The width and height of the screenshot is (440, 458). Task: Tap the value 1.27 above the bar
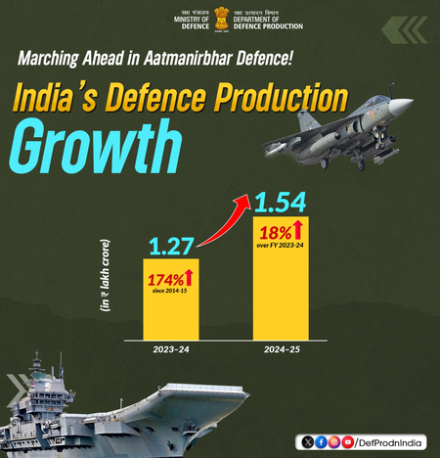171,241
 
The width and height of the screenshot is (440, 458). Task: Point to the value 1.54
282,203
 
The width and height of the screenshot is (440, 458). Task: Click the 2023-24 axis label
171,348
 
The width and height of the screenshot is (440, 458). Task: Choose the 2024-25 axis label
282,348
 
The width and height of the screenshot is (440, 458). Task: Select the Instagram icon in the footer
334,441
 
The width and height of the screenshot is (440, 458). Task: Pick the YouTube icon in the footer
347,441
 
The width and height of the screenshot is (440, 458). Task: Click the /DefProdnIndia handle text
390,441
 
